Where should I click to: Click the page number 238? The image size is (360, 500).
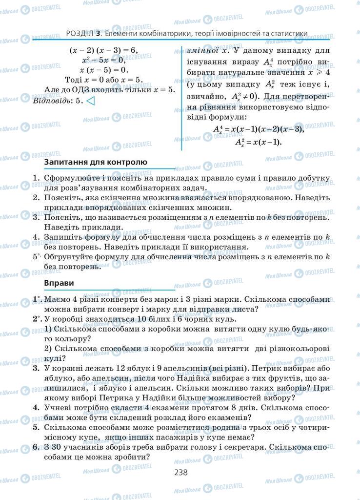pyautogui.click(x=180, y=472)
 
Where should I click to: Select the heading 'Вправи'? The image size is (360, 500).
pyautogui.click(x=59, y=283)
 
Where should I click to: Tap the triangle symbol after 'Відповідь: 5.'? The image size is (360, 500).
pyautogui.click(x=90, y=101)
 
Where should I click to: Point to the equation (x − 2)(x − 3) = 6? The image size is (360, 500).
pyautogui.click(x=104, y=50)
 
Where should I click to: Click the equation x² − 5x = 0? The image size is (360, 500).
pyautogui.click(x=104, y=60)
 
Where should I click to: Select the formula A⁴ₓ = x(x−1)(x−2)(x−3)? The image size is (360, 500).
pyautogui.click(x=259, y=129)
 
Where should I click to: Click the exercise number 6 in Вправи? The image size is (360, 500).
pyautogui.click(x=36, y=447)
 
